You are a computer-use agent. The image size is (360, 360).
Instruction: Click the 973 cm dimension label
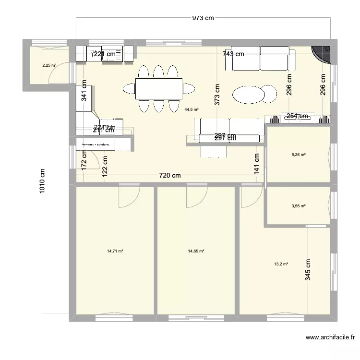[203, 18]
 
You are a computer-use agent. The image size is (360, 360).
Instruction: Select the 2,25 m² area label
[48, 65]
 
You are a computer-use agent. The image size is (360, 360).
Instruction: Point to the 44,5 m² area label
[192, 109]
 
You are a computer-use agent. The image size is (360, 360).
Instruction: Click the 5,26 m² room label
[299, 155]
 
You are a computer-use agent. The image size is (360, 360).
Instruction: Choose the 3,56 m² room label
[299, 206]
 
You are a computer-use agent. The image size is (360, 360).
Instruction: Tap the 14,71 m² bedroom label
[115, 251]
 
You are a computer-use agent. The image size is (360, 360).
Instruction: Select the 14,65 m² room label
[196, 251]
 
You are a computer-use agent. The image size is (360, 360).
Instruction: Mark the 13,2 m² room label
[281, 264]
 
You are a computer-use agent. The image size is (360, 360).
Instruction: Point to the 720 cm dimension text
[170, 175]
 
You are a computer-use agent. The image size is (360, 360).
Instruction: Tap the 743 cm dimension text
[233, 54]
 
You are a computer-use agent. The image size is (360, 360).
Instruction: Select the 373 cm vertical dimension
[217, 95]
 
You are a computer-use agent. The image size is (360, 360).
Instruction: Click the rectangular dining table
[158, 88]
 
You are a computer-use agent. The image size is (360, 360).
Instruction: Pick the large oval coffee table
[250, 94]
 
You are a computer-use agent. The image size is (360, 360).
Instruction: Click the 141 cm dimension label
[257, 164]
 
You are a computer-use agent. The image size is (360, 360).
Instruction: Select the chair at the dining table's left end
[130, 88]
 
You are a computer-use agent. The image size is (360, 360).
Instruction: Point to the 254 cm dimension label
[297, 116]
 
